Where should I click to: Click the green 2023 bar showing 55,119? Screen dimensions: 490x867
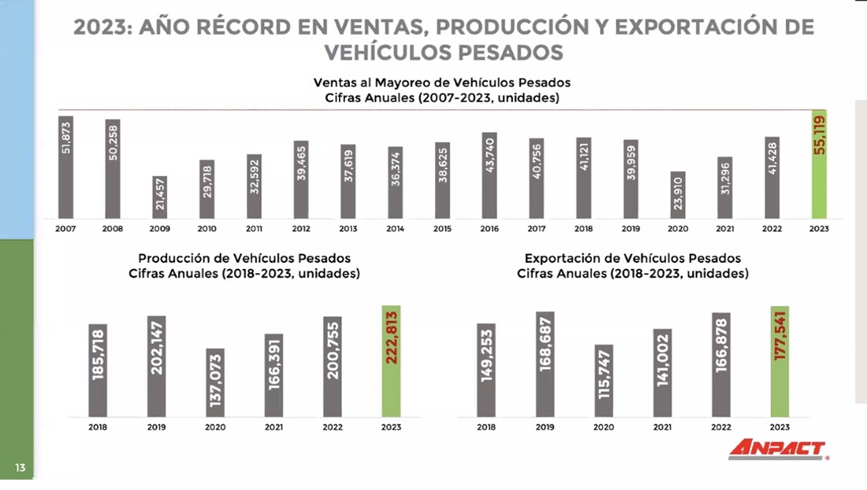tap(820, 164)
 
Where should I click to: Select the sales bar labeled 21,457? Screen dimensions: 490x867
tap(160, 197)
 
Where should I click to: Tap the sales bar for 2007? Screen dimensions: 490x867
tap(65, 167)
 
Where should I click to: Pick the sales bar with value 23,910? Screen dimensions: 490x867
tap(678, 195)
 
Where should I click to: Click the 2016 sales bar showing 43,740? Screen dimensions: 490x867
tap(489, 175)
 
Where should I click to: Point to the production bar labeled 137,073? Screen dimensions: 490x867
tap(215, 383)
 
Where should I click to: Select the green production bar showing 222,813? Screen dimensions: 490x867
tap(391, 361)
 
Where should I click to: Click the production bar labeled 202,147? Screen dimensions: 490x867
tap(156, 366)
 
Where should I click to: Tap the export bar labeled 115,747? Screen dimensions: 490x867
tap(604, 381)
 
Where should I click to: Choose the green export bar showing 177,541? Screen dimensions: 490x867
tap(780, 361)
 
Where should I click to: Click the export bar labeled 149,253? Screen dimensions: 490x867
tap(486, 370)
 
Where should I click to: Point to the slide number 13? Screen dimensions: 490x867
tap(20, 468)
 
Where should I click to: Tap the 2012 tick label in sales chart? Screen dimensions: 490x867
tap(300, 228)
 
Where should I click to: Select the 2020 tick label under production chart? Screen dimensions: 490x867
tap(215, 427)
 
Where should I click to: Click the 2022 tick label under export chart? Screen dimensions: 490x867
tap(721, 427)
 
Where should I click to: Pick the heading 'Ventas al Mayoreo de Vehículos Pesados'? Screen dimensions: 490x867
tap(441, 82)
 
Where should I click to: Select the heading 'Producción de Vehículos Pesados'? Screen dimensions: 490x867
tap(244, 258)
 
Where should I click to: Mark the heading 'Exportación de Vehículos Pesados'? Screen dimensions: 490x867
tap(632, 258)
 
